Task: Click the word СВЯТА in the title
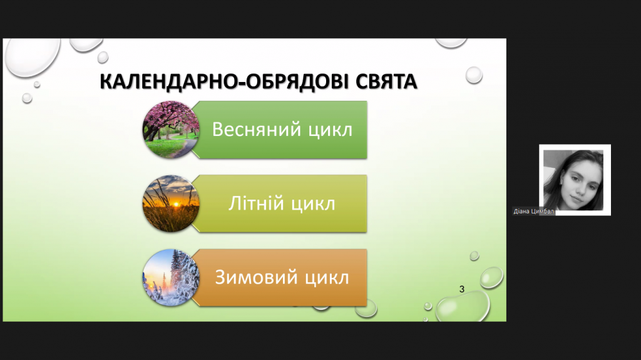coord(386,81)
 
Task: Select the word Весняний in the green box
coord(257,130)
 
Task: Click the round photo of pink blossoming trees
coord(171,130)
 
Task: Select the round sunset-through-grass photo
coord(171,203)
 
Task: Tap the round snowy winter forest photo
coord(171,278)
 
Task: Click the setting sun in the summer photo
coord(176,203)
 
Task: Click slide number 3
coord(462,289)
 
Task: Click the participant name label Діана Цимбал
coord(533,212)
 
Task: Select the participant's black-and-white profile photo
coord(573,180)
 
